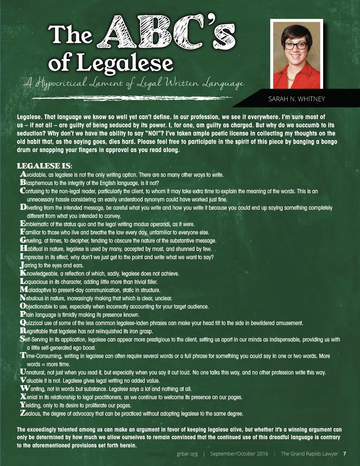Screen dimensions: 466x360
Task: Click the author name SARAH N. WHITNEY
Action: [296, 99]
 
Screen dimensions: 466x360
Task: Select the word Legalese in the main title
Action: [125, 62]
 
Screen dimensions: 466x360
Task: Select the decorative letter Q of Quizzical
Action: [23, 322]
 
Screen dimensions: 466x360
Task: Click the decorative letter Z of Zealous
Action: [23, 413]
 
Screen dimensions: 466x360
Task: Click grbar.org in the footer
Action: [187, 454]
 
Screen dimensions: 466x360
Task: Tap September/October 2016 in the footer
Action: [239, 454]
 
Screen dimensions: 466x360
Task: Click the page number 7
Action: [345, 454]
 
